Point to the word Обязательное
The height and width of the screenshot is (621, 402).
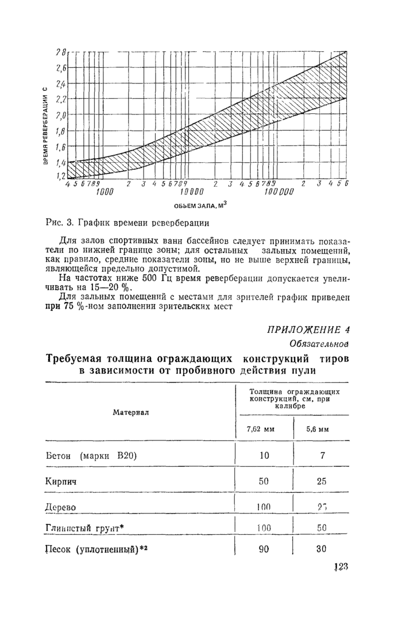[320, 344]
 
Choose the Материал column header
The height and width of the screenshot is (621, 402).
[131, 412]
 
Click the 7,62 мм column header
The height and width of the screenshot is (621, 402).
[258, 429]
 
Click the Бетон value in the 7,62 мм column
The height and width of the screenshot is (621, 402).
[264, 455]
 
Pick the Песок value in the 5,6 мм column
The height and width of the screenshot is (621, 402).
[321, 549]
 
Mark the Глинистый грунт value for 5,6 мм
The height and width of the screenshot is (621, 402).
[322, 527]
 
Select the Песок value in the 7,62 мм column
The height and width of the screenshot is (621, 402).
[264, 549]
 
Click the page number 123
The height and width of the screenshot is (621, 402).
[341, 567]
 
